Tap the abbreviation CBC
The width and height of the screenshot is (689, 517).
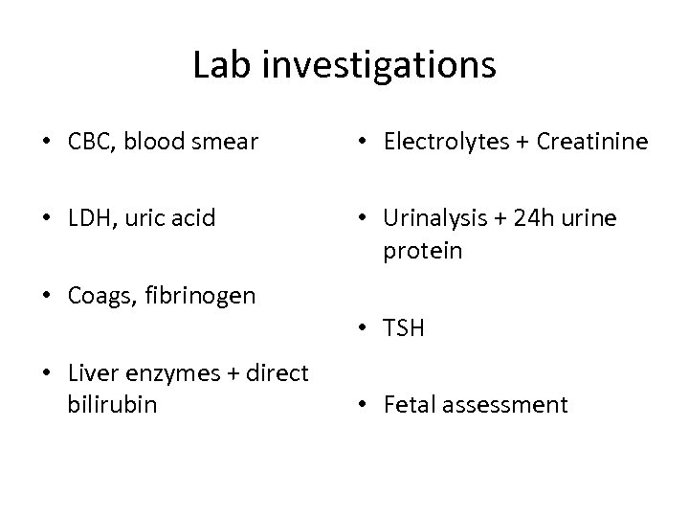pos(89,144)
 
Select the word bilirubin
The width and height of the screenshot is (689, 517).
pos(113,404)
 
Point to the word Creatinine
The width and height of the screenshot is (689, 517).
pos(593,144)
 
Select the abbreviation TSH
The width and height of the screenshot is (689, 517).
pos(404,328)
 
